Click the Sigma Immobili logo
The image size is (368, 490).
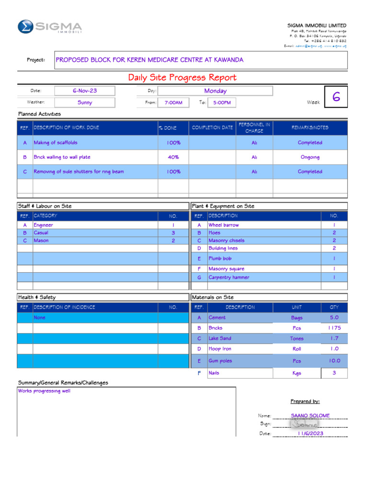[x=49, y=27]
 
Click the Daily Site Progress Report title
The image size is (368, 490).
[x=182, y=78]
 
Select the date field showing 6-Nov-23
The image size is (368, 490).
[x=85, y=90]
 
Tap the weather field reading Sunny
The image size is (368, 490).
[x=85, y=102]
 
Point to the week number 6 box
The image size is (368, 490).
[x=336, y=98]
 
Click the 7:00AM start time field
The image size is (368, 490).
[x=173, y=102]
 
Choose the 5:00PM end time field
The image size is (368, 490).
[x=222, y=102]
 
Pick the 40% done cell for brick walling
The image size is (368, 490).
[x=173, y=157]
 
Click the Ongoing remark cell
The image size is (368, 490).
[x=310, y=157]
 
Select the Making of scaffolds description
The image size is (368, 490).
[x=56, y=143]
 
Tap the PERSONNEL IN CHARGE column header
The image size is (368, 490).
[x=254, y=128]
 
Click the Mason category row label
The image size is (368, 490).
[x=41, y=241]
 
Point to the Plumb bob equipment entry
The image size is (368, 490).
[x=220, y=258]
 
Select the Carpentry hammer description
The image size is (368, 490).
[x=229, y=278]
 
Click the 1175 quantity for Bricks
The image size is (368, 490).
[x=334, y=328]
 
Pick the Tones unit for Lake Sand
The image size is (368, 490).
[x=297, y=339]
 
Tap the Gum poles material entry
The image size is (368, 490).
[x=220, y=361]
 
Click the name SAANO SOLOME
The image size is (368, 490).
[x=310, y=416]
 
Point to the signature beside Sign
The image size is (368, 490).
[x=305, y=424]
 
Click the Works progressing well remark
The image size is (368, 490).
[x=44, y=391]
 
